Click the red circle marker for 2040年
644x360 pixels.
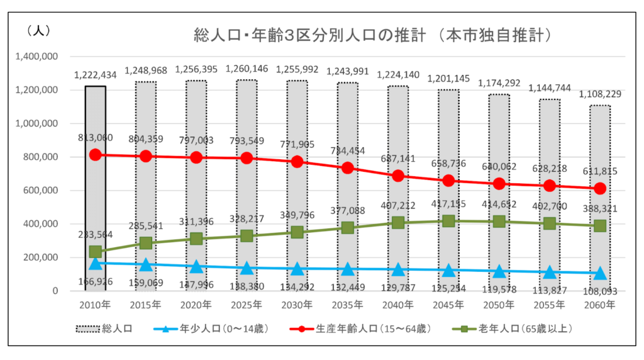(x=397, y=176)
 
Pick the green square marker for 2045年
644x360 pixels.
(x=448, y=221)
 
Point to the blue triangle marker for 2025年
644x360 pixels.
(x=247, y=268)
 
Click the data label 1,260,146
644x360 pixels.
(x=247, y=69)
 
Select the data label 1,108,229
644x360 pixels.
(x=599, y=94)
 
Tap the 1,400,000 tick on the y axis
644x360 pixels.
(x=38, y=57)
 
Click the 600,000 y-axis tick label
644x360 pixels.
(x=42, y=190)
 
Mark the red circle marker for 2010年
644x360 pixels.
(x=96, y=155)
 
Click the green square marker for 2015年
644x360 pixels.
(x=146, y=243)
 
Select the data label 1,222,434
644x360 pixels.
(x=96, y=75)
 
